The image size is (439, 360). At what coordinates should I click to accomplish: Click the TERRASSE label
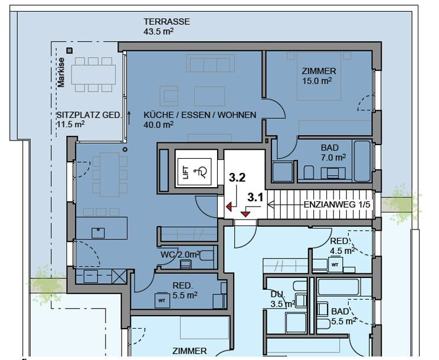(x=167, y=22)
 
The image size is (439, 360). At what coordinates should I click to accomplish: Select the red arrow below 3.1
(x=245, y=214)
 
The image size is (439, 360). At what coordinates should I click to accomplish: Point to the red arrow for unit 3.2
(x=229, y=207)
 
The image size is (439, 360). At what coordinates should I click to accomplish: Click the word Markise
(x=61, y=73)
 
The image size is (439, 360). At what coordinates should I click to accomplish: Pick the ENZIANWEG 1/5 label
(x=337, y=205)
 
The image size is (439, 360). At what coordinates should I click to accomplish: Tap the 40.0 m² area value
(x=159, y=125)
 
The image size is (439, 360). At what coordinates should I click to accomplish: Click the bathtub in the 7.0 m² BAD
(x=362, y=161)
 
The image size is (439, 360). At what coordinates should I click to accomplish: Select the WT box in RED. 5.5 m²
(x=162, y=300)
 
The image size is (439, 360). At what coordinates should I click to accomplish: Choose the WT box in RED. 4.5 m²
(x=335, y=265)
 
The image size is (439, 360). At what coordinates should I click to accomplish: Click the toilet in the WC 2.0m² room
(x=207, y=256)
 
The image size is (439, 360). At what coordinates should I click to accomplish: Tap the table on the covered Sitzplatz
(x=93, y=75)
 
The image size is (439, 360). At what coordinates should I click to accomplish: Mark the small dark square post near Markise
(x=70, y=51)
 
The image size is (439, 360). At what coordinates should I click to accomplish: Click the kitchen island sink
(x=98, y=233)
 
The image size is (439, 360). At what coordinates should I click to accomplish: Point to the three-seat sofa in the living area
(x=211, y=64)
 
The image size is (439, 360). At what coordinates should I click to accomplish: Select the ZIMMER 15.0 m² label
(x=319, y=76)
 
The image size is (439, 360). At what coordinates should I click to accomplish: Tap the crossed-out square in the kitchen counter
(x=119, y=276)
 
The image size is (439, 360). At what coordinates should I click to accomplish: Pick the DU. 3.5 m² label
(x=283, y=299)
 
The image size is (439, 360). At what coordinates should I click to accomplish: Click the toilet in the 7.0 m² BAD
(x=309, y=172)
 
